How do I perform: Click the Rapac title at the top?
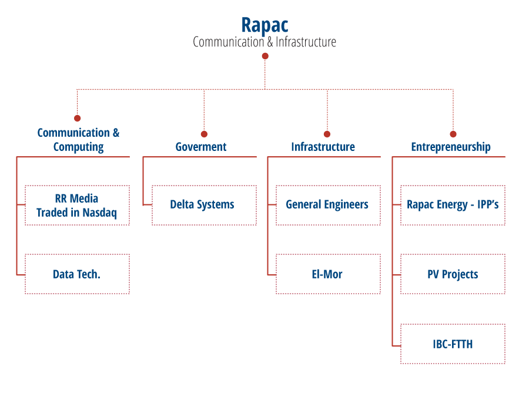(x=264, y=25)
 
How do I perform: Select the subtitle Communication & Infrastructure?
(x=264, y=42)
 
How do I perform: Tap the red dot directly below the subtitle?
(x=265, y=56)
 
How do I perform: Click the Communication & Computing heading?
(x=78, y=140)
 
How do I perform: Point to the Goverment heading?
(x=201, y=147)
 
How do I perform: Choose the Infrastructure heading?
(x=323, y=147)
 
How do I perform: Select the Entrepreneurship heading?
(x=451, y=147)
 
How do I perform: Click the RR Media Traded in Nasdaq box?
(x=77, y=206)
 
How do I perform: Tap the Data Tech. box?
(x=77, y=274)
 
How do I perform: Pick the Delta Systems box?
(x=203, y=205)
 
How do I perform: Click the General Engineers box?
(x=327, y=205)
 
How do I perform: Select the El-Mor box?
(x=327, y=274)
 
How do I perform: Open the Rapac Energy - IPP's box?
(x=453, y=205)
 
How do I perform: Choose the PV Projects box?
(x=453, y=274)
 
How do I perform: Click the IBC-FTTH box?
(x=453, y=344)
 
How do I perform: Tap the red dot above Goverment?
(x=204, y=134)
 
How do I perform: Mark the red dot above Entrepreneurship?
(x=453, y=134)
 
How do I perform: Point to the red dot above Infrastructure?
(x=327, y=134)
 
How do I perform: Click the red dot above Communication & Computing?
(x=77, y=118)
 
